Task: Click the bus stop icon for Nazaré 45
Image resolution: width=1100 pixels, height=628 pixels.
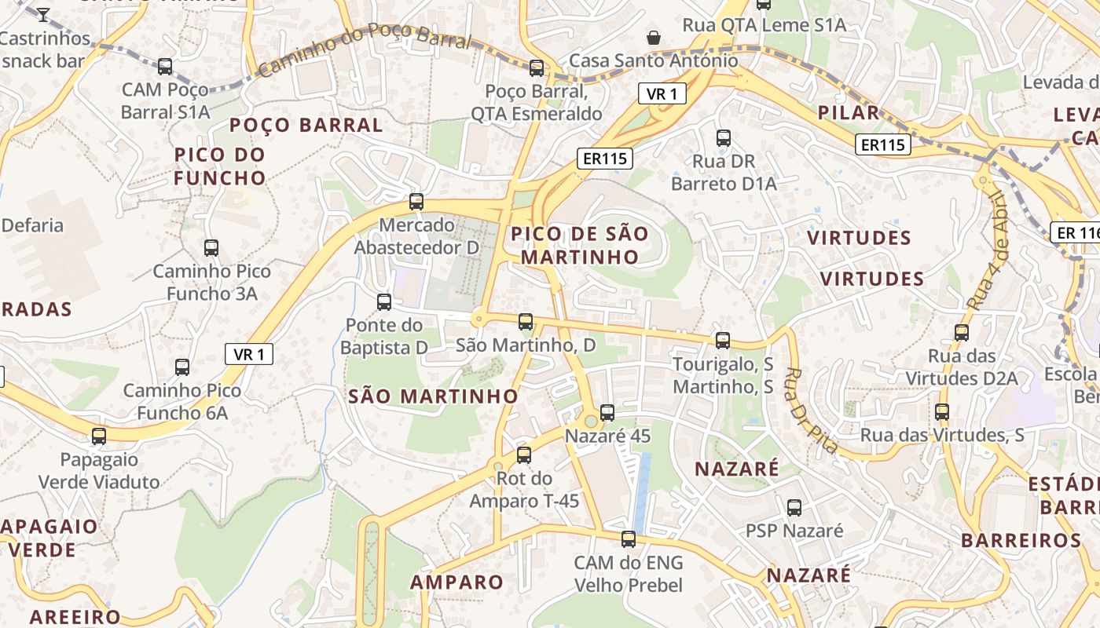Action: pos(607,412)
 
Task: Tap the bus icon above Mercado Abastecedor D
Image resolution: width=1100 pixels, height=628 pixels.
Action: pos(416,201)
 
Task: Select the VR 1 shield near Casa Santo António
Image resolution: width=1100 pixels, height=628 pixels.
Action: pos(662,94)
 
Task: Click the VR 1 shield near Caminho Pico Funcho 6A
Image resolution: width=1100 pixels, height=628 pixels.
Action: pos(249,354)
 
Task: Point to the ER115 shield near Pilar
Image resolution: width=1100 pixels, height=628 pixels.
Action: pos(883,144)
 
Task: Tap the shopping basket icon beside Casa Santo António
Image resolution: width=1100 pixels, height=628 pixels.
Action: pos(653,37)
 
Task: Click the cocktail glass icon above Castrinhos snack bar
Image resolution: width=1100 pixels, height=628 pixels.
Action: pos(43,14)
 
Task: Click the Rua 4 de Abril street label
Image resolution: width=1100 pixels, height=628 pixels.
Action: pos(987,250)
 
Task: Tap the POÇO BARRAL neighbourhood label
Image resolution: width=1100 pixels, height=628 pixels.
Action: pos(306,125)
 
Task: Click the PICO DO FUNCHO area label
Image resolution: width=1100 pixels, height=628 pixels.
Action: pos(220,166)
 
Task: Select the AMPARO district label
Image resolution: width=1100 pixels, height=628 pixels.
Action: pos(456,582)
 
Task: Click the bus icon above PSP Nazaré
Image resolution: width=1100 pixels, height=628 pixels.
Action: pos(794,507)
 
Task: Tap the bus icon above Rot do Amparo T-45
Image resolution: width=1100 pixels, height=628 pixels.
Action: pos(524,455)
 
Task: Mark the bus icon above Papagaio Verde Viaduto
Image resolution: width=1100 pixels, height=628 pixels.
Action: pos(99,436)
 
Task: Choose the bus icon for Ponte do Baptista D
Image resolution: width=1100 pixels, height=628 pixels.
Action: pos(384,301)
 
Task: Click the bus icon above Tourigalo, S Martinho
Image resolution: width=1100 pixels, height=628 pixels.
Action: pos(723,340)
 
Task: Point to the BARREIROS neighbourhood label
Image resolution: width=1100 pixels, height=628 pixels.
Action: pos(1021,540)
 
